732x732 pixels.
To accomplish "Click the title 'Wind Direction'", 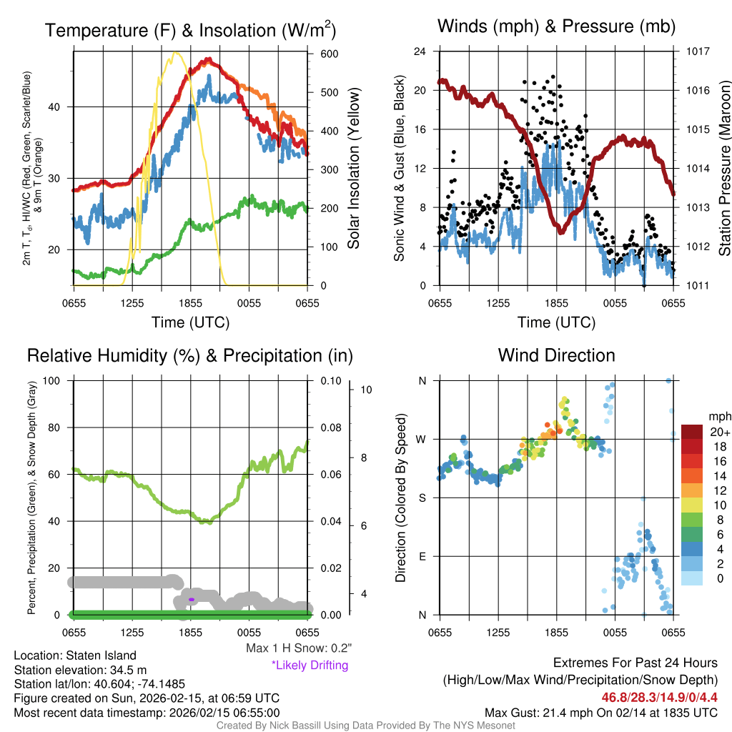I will (556, 355).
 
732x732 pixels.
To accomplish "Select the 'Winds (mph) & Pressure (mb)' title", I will (556, 27).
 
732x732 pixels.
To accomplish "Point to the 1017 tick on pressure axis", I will (697, 51).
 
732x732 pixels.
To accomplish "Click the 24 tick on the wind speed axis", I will (420, 51).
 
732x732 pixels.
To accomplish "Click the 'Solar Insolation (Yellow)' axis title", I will (354, 168).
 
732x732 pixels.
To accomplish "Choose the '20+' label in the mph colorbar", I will (719, 432).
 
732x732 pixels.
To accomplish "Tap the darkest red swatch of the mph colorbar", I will (693, 432).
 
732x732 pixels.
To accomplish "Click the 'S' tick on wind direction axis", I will (422, 498).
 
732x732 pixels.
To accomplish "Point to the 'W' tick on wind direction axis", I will (422, 439).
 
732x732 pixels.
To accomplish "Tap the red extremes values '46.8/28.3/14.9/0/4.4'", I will (658, 697).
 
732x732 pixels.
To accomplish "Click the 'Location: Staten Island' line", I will (75, 656).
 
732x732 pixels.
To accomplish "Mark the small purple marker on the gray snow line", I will (192, 599).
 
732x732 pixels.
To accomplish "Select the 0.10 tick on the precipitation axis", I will (330, 380).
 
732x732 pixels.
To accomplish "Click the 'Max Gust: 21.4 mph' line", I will (600, 712).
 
